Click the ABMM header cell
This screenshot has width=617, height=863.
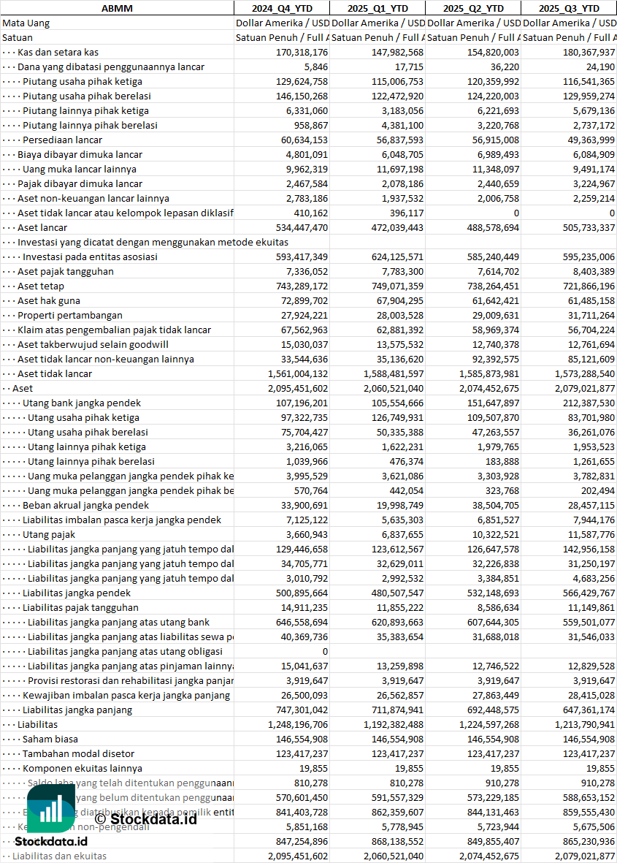[117, 8]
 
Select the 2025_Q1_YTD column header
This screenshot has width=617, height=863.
[377, 8]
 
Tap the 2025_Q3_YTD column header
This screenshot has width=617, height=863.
[569, 8]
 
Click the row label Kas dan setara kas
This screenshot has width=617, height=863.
[58, 52]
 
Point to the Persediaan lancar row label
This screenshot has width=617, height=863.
[62, 140]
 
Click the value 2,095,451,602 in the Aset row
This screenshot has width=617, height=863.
[292, 388]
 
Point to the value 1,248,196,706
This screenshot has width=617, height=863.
[292, 724]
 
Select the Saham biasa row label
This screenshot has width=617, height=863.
[50, 739]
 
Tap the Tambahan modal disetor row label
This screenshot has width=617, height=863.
[78, 753]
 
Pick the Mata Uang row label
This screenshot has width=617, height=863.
[26, 23]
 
